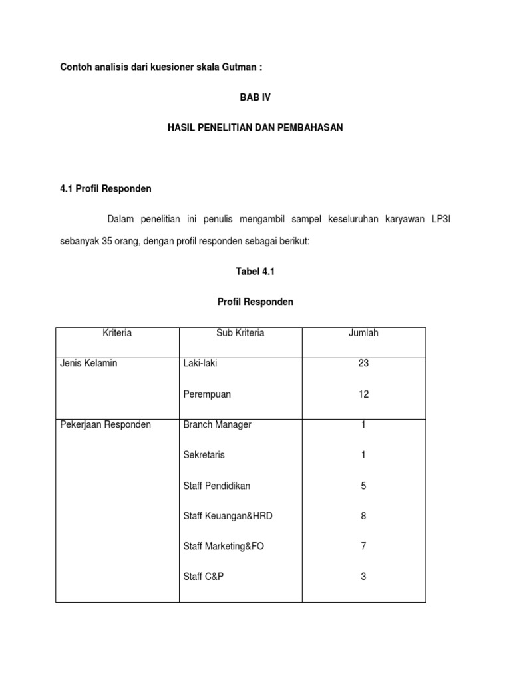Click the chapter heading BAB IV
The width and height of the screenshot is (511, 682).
point(255,97)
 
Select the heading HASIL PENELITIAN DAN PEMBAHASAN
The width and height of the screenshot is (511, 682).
point(255,127)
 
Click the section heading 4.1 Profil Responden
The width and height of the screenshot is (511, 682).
point(106,189)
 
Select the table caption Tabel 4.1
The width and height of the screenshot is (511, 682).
point(255,271)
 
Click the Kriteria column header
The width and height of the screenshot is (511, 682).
point(117,333)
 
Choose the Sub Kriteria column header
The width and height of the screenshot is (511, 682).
point(240,333)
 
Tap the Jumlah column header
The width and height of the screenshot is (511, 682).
point(363,333)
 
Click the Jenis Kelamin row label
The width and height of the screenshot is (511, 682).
point(89,364)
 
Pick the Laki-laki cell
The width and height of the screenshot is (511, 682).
point(200,364)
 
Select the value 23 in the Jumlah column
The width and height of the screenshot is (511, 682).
point(363,364)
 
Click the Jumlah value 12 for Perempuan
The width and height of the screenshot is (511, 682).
point(363,394)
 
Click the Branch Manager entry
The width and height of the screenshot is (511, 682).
point(218,425)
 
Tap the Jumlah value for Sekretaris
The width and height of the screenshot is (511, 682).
point(363,455)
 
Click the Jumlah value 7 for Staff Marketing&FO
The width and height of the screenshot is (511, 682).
point(363,546)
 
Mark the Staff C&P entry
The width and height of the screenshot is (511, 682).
point(204,577)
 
